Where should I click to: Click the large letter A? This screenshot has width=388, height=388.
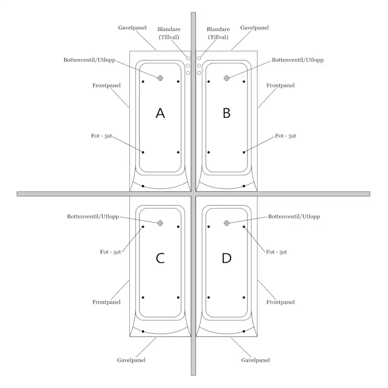160,113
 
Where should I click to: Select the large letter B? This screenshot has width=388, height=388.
226,113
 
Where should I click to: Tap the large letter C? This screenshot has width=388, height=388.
160,258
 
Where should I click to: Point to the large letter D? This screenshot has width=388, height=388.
226,258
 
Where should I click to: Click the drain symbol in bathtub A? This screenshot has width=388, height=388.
160,78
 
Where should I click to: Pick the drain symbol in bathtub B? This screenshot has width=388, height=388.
226,78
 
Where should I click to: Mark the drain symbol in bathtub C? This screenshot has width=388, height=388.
160,223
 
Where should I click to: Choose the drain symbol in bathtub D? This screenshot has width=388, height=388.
226,223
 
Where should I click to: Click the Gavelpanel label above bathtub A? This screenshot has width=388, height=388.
133,28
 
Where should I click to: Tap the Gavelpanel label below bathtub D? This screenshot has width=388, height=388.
255,360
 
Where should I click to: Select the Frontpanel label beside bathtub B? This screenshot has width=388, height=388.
280,85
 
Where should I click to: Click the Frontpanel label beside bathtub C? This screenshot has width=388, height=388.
106,302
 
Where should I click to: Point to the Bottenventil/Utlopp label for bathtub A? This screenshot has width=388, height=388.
90,60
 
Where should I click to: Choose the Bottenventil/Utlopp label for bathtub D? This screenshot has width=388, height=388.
294,216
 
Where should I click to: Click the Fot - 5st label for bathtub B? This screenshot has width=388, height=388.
285,136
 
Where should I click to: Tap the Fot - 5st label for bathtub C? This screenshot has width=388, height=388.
111,252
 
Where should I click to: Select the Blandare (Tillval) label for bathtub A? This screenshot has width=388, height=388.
169,33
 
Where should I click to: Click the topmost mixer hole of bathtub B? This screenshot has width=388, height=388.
199,59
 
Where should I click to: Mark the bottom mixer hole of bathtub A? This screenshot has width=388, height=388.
188,73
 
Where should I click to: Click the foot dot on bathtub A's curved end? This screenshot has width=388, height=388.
143,186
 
